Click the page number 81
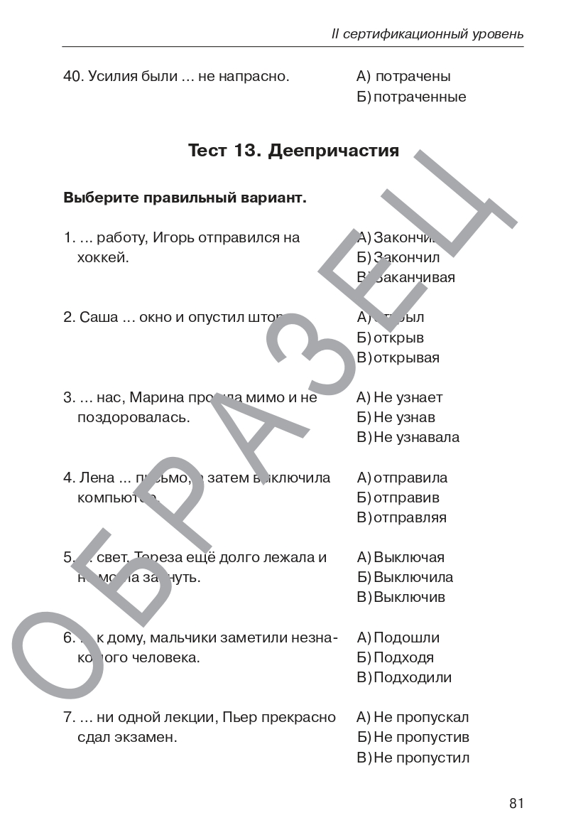point(516,804)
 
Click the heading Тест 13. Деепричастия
point(293,151)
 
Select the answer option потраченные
point(420,97)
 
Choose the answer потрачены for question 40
point(413,77)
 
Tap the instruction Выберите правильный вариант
point(185,198)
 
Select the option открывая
point(407,357)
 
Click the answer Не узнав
point(404,417)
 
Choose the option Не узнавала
point(416,437)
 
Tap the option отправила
point(410,478)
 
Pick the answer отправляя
point(410,517)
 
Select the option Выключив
point(409,597)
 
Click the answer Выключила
point(413,577)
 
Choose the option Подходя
point(403,657)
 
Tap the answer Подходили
point(413,677)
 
